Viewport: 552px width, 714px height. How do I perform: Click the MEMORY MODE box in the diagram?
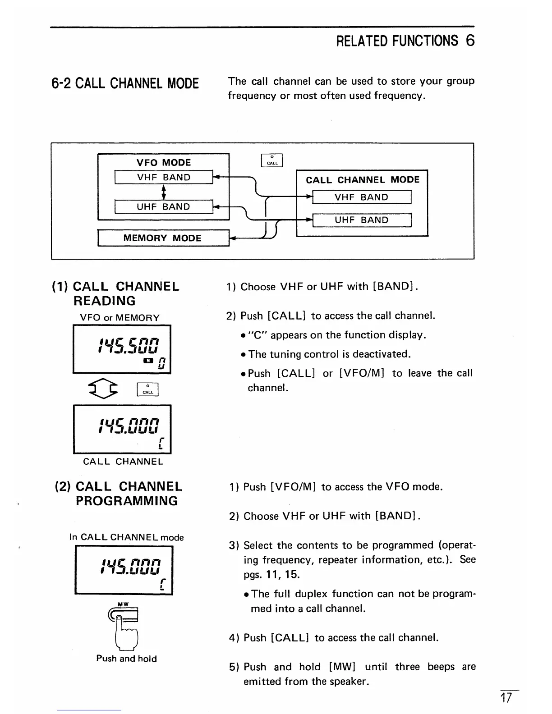[163, 238]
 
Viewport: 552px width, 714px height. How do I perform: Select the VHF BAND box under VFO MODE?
[163, 177]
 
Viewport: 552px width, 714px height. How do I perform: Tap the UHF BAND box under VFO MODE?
[163, 206]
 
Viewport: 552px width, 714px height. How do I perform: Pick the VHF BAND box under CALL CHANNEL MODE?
[361, 197]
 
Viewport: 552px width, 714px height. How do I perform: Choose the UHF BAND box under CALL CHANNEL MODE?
[361, 220]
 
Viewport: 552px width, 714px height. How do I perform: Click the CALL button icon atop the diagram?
[272, 160]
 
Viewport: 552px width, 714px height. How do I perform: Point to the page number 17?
[506, 698]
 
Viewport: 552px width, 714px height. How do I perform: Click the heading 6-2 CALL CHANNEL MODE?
[125, 84]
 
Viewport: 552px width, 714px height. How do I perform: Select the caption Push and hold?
[126, 659]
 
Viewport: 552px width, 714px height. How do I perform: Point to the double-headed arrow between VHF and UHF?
[164, 192]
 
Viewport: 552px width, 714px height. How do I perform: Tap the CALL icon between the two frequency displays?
[148, 389]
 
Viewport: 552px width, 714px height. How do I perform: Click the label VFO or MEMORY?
[120, 317]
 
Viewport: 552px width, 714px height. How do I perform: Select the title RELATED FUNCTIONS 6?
[405, 41]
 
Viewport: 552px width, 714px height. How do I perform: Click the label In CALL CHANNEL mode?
[126, 537]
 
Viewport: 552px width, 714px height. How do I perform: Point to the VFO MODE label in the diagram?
[164, 162]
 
